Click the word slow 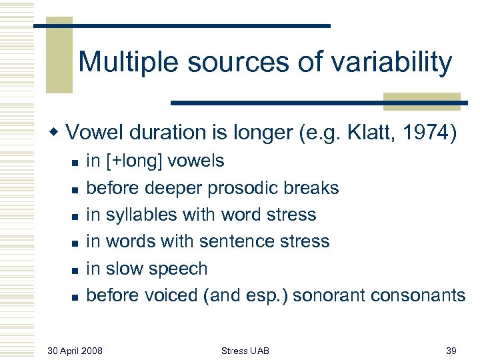click(x=125, y=269)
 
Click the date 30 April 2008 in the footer click(x=75, y=349)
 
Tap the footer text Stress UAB click(x=245, y=349)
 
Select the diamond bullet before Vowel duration click(x=57, y=133)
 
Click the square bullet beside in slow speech click(x=75, y=270)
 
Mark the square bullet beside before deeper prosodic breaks click(x=75, y=189)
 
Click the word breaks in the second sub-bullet click(x=315, y=189)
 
